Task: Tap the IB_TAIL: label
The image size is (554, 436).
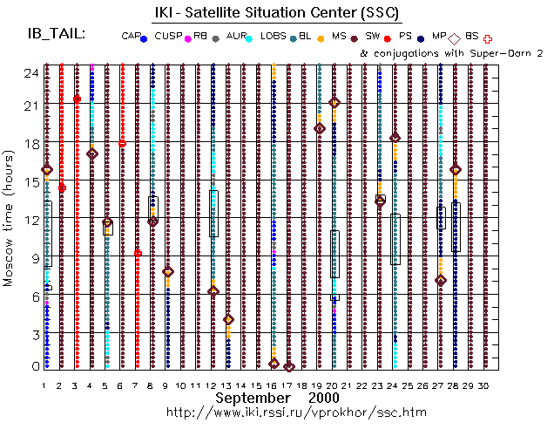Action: [x=56, y=33]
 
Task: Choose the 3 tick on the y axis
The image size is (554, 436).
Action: [x=31, y=335]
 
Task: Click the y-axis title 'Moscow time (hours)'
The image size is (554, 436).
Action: [x=10, y=219]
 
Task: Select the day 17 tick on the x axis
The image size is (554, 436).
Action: [x=289, y=385]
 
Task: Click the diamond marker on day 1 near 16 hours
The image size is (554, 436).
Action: [x=47, y=169]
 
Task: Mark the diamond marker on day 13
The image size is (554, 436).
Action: [x=228, y=320]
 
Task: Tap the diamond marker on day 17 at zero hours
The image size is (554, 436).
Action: [x=289, y=367]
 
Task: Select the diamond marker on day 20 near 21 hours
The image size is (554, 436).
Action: [x=334, y=103]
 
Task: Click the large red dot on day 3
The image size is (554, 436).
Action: [x=77, y=99]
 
